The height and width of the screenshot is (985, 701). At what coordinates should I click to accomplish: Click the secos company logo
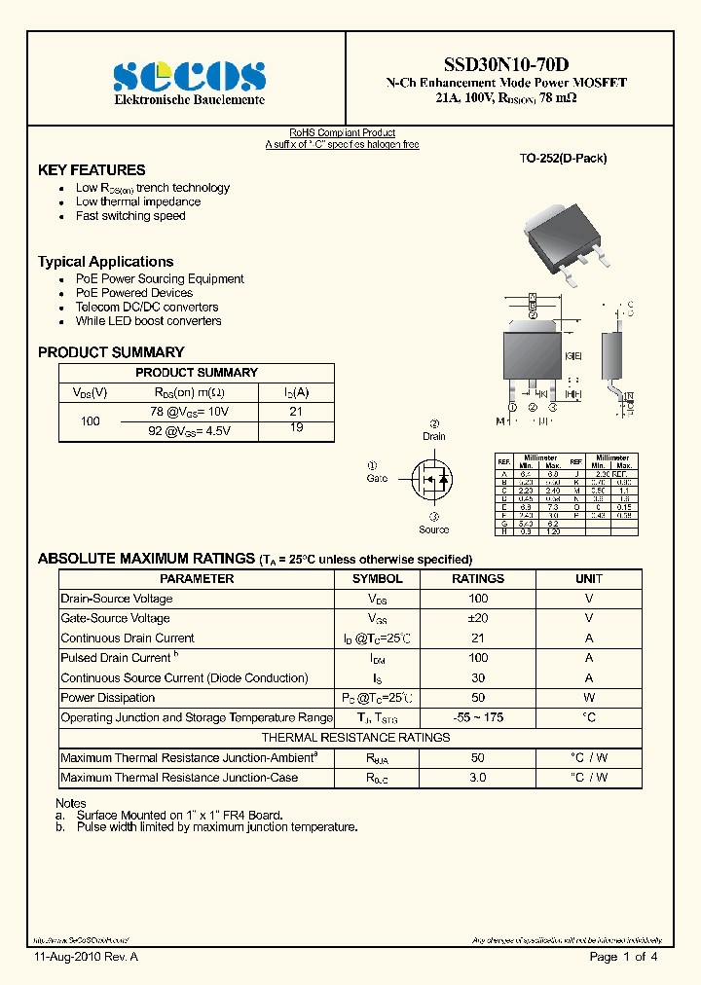[x=190, y=76]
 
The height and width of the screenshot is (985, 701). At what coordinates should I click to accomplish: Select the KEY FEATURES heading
[x=92, y=169]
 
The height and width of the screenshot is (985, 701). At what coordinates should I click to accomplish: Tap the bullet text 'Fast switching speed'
[x=130, y=216]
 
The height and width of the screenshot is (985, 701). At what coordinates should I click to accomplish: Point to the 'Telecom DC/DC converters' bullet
[x=147, y=307]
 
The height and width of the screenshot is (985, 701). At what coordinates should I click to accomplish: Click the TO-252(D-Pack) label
[x=563, y=158]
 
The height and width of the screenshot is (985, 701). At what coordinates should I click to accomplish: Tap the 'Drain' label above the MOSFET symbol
[x=434, y=437]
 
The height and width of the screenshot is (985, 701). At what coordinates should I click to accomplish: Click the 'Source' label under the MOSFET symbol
[x=434, y=529]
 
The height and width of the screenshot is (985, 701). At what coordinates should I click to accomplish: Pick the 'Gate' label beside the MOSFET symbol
[x=377, y=479]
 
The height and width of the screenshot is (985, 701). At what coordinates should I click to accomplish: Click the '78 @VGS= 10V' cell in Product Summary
[x=189, y=412]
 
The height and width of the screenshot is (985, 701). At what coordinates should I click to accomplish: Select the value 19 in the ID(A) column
[x=296, y=427]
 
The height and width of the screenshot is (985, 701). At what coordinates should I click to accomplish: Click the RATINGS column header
[x=478, y=578]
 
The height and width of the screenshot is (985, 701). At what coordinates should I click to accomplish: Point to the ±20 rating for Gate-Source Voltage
[x=478, y=618]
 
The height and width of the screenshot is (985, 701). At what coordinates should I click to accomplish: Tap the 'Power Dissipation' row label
[x=108, y=698]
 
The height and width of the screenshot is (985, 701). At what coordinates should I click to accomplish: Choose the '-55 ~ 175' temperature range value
[x=478, y=717]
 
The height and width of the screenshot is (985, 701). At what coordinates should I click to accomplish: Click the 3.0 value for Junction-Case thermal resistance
[x=478, y=778]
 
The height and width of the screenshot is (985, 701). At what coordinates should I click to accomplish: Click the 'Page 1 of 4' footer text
[x=624, y=958]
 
